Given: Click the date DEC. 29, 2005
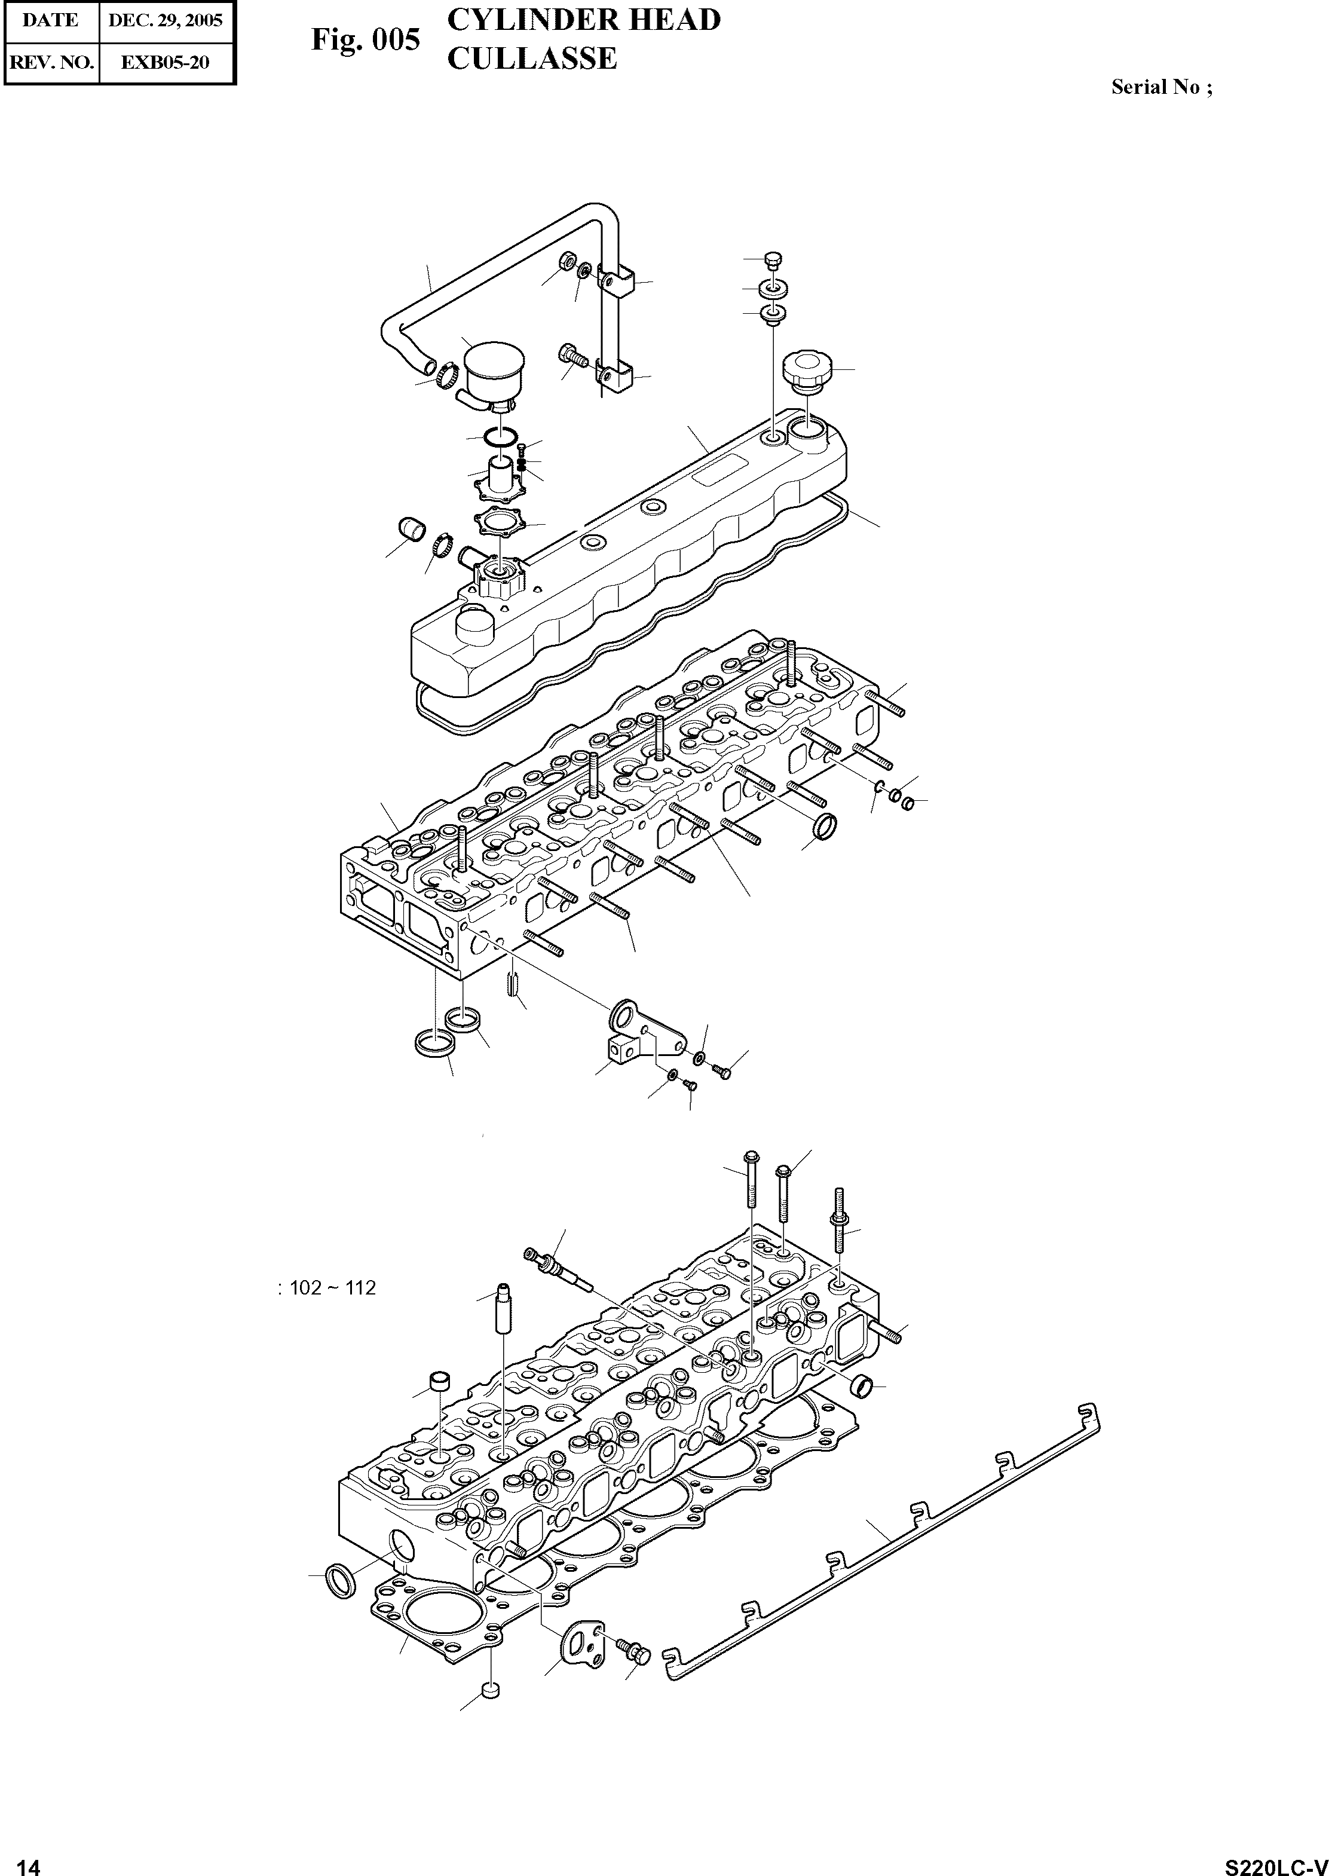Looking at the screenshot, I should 166,20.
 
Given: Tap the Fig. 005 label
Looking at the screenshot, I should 365,40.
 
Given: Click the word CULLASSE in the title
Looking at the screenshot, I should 532,59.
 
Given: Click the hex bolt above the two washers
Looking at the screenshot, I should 771,261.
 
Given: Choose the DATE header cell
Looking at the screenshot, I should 50,20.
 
